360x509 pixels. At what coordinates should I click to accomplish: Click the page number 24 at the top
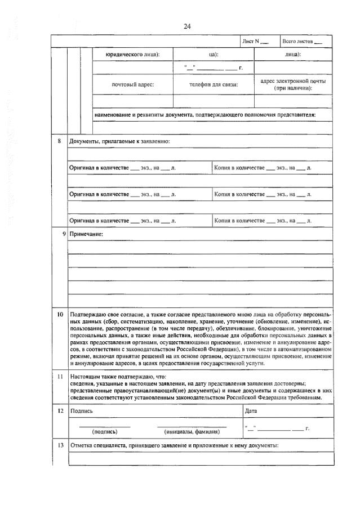coord(188,26)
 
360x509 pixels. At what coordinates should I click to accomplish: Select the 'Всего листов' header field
coord(302,42)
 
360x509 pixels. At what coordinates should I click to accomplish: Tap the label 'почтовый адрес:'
coord(132,84)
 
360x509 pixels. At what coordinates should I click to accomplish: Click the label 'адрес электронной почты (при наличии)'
coord(293,84)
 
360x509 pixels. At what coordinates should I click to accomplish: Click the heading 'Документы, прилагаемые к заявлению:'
coord(119,141)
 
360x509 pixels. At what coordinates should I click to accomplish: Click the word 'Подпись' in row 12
coord(82,411)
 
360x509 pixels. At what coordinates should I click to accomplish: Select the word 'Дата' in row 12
coord(251,411)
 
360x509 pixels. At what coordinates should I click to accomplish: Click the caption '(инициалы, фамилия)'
coord(192,432)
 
